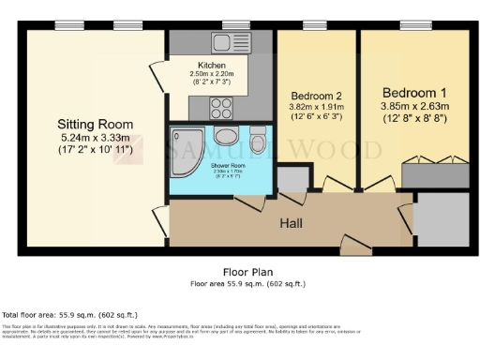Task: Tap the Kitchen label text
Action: tap(211, 65)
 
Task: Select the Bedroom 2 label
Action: tap(317, 97)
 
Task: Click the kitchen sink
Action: tap(226, 42)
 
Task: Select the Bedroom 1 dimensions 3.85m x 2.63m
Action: tap(414, 108)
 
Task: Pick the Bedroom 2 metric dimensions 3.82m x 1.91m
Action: tap(317, 109)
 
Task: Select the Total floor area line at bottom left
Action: tap(69, 315)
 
